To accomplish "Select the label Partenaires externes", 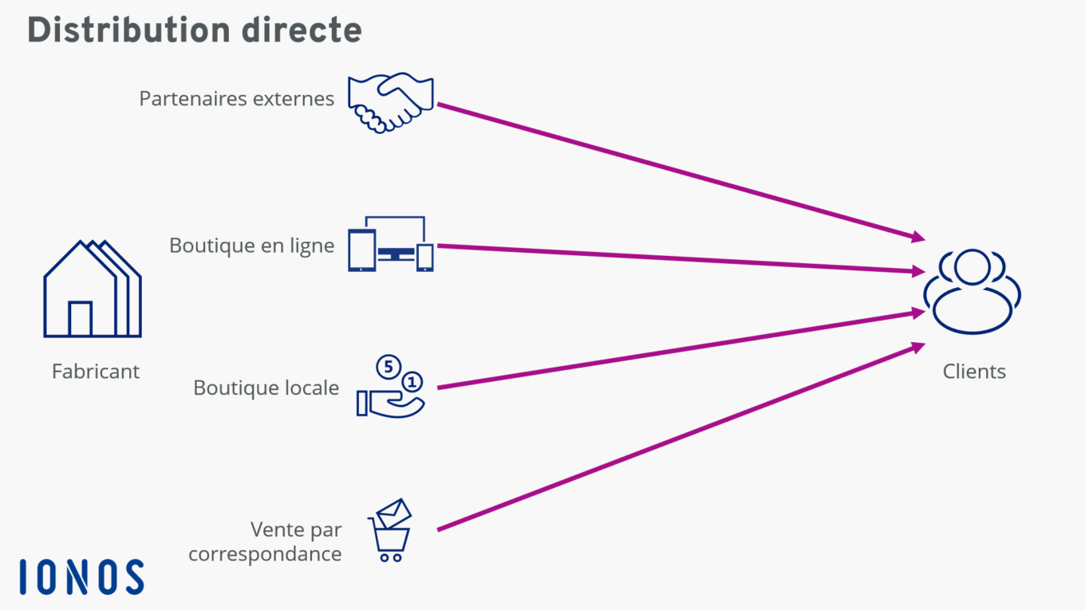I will [236, 99].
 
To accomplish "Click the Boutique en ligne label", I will [251, 246].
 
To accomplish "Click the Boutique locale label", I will [266, 388].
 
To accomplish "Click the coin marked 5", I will [389, 368].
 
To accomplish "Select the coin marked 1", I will [412, 381].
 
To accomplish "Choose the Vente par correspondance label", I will [265, 541].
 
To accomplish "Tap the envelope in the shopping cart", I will [393, 513].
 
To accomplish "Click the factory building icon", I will [92, 289].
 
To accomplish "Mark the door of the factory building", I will [80, 319].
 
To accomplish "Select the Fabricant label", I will [95, 372].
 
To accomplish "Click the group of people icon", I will [973, 291].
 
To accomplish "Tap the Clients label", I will [974, 372].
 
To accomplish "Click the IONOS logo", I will [81, 577].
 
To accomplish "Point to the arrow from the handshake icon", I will [678, 171].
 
